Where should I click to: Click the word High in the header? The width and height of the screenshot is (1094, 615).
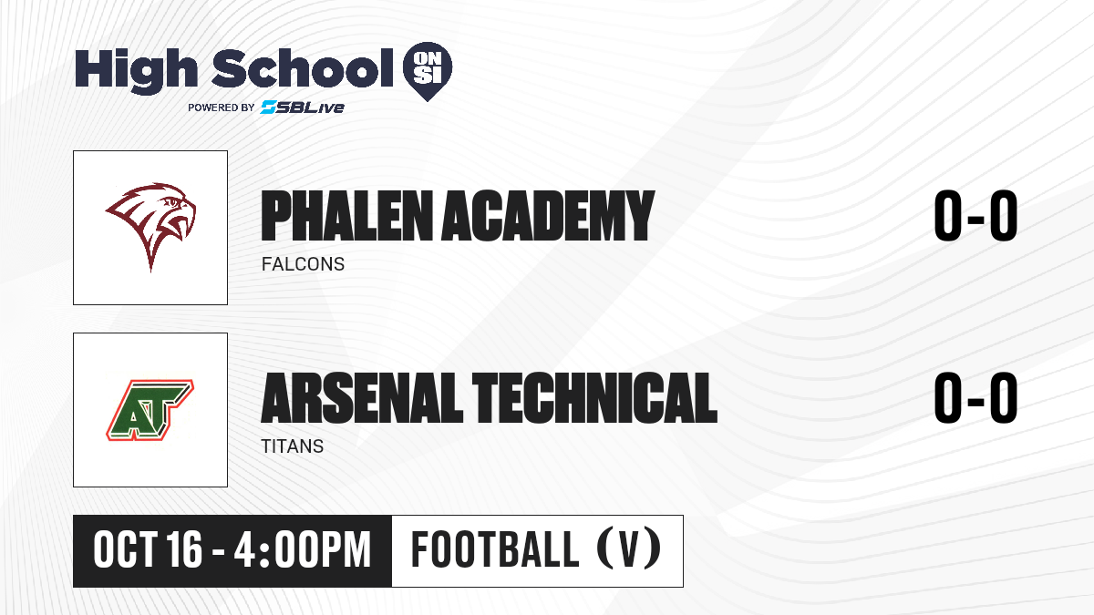tap(136, 70)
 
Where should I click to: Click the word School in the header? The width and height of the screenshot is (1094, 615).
tap(303, 67)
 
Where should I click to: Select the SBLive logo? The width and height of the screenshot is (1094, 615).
tap(303, 107)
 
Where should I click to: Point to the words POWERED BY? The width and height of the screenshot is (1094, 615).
tap(222, 108)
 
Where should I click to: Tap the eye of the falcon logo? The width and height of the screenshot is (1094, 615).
tap(172, 202)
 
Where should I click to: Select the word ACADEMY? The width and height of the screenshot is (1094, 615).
tap(548, 216)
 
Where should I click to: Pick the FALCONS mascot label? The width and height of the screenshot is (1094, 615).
tap(303, 264)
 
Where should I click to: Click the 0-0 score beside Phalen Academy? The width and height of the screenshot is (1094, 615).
tap(975, 215)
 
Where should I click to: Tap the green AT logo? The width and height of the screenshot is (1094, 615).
tap(150, 410)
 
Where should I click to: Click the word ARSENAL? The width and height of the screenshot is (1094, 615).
tap(362, 398)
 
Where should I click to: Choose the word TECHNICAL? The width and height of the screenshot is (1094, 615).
tap(594, 398)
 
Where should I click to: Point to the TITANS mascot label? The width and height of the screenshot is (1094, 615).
tap(292, 446)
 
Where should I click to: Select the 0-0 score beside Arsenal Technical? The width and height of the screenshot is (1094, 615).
tap(975, 397)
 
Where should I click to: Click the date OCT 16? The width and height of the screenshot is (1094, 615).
tap(148, 550)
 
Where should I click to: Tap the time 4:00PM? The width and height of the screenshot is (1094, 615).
tap(303, 550)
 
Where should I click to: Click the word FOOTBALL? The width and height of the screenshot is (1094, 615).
tap(495, 549)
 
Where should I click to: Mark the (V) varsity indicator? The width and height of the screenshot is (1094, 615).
tap(629, 548)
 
